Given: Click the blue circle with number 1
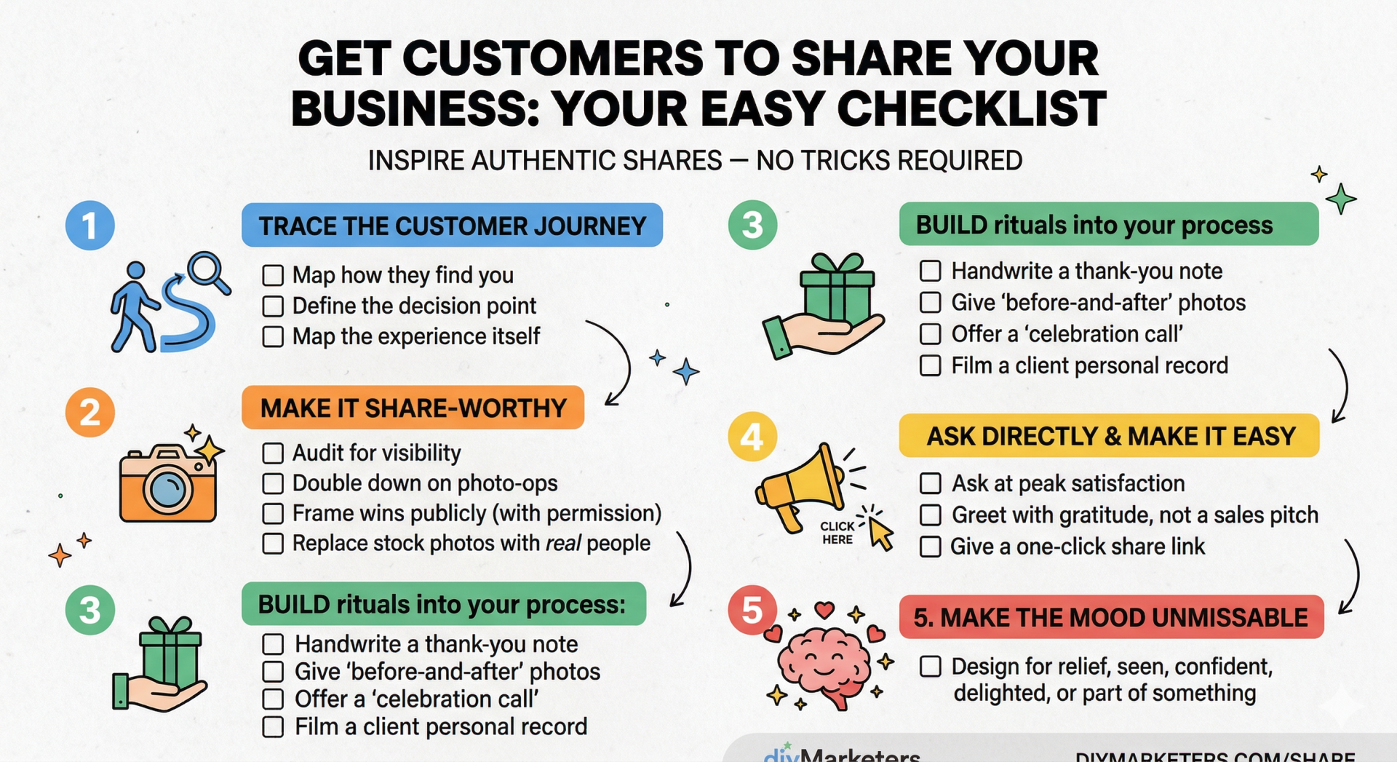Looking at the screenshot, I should point(90,226).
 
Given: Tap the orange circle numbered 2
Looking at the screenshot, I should point(90,412).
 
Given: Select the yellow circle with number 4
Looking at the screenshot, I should point(752,437).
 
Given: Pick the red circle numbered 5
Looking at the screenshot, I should point(752,610).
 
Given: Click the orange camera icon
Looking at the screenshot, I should point(168,484).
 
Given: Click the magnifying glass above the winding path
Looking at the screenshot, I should point(207,272).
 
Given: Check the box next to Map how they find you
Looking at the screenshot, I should point(273,275).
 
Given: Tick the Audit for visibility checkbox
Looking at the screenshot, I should point(273,453).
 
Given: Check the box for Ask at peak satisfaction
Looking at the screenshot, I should point(931,483).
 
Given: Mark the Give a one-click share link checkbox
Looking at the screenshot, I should point(931,547).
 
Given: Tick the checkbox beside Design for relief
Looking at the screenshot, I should point(931,667).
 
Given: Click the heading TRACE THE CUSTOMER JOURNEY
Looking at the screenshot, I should point(452,226).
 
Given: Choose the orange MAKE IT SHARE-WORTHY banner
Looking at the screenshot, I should point(413,408).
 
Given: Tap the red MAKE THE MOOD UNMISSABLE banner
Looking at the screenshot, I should point(1110,618).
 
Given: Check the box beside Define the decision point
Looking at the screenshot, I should point(273,306).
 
